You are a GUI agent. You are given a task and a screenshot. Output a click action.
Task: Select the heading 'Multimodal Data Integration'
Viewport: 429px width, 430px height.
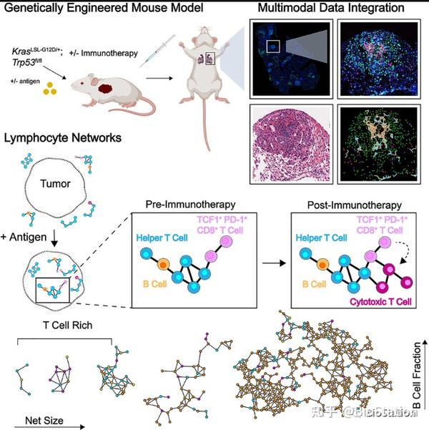click(x=337, y=9)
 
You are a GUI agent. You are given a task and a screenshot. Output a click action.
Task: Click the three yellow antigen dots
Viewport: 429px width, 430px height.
click(x=50, y=89)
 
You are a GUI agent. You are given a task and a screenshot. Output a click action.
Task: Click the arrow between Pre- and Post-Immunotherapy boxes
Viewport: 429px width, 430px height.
click(x=271, y=263)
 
